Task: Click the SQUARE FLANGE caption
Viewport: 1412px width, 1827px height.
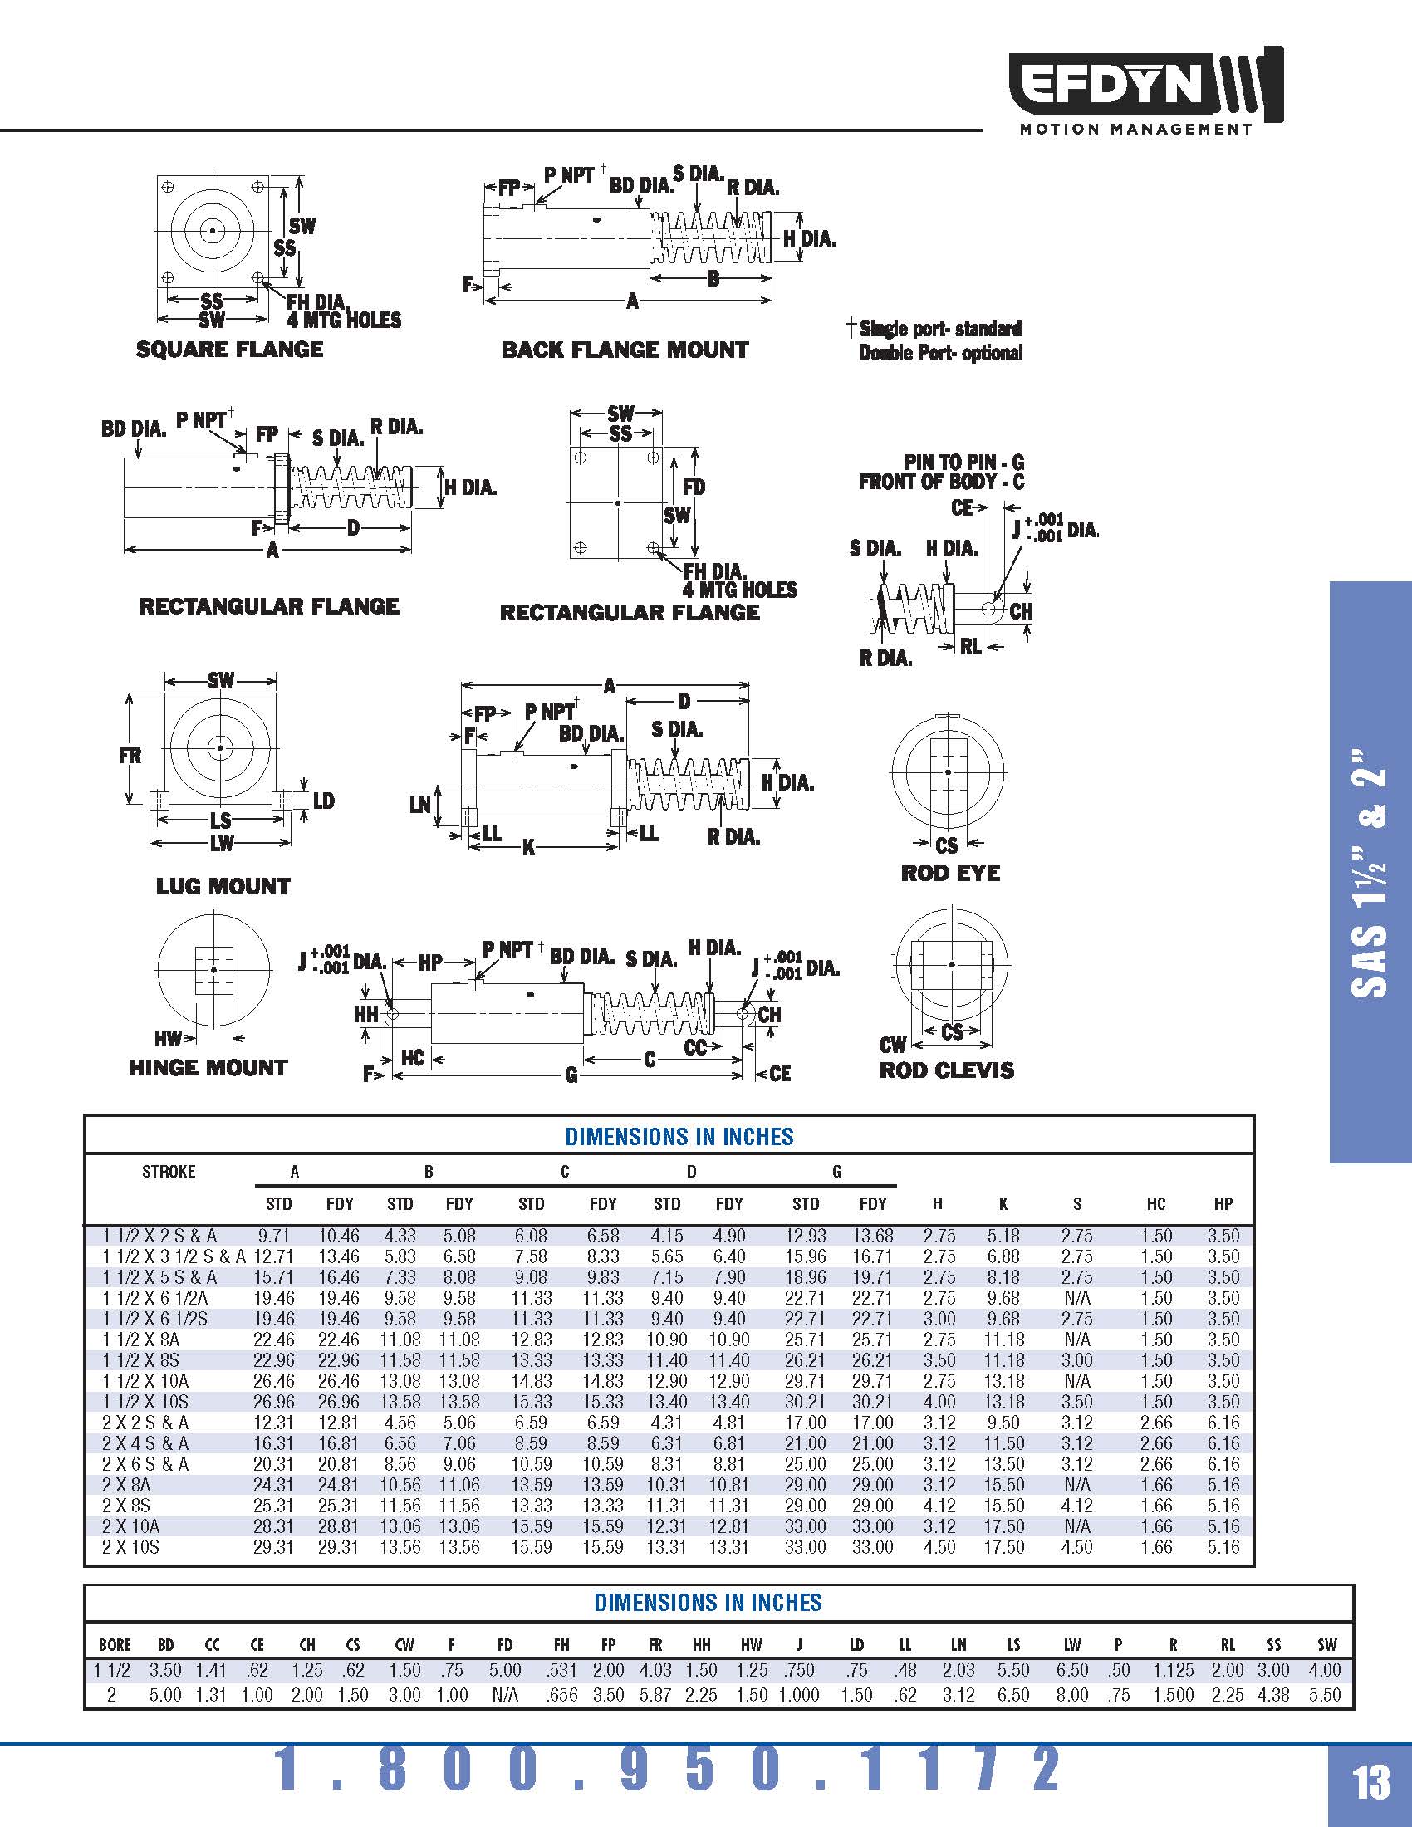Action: (x=229, y=350)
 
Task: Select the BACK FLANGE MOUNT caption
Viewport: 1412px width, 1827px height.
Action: (x=625, y=350)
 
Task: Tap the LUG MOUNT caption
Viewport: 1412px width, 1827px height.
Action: (x=223, y=887)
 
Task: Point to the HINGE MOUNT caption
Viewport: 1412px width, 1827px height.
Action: (x=208, y=1068)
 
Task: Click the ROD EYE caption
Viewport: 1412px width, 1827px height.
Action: (x=950, y=874)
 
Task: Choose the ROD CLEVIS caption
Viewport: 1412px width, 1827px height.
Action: (x=946, y=1070)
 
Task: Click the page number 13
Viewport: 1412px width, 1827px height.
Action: (x=1371, y=1783)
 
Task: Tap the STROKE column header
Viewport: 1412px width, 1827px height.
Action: (x=168, y=1172)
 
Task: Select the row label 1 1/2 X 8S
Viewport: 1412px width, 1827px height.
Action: (x=141, y=1360)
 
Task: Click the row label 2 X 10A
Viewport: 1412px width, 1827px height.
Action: (x=130, y=1526)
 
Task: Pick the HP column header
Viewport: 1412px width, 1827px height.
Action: (x=1223, y=1204)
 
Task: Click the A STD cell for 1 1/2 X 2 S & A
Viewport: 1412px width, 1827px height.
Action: (x=274, y=1236)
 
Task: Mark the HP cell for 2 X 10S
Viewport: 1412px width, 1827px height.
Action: (x=1223, y=1548)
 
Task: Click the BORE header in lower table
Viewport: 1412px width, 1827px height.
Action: (x=115, y=1645)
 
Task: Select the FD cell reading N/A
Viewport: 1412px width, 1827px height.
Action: (x=504, y=1695)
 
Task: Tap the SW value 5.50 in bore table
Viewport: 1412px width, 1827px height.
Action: (x=1325, y=1695)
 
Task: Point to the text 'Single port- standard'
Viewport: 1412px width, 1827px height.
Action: (x=940, y=328)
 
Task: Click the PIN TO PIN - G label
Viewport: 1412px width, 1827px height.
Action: (x=963, y=463)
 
